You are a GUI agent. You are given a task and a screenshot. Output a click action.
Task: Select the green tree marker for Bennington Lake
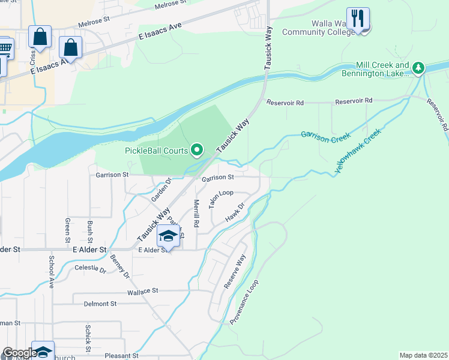418,67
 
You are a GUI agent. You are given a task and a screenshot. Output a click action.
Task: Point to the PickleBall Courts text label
157,150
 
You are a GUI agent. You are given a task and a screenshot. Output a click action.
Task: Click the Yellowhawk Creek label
358,153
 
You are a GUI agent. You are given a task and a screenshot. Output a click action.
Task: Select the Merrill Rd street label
196,214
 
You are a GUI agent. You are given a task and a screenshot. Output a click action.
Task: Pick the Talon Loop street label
221,199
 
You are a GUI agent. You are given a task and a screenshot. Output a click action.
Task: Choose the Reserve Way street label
235,272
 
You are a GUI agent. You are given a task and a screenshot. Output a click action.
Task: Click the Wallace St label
142,291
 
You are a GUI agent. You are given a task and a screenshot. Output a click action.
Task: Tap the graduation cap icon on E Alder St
169,236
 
